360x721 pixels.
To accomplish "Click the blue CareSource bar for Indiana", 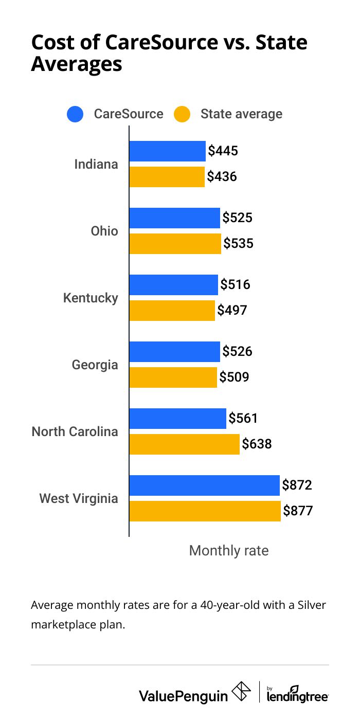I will coord(167,151).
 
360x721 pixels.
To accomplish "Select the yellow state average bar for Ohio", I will coord(175,244).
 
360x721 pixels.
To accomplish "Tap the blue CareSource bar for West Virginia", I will coord(204,485).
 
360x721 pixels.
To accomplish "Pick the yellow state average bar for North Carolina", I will coord(184,444).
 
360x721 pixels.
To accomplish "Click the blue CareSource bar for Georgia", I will coord(174,352).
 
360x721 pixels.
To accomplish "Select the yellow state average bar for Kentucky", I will coord(172,311).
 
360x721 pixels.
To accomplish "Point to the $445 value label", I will coord(223,151).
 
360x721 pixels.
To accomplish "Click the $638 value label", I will coord(257,444).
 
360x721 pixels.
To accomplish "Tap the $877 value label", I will coord(298,511).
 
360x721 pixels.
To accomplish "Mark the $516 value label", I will coord(235,284).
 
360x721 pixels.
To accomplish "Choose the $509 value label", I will coord(234,377).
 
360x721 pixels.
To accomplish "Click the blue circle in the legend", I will coord(75,114).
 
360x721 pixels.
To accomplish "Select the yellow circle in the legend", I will coord(182,114).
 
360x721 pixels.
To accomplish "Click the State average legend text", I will coord(241,114).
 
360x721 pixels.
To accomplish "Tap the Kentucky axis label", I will coord(91,298).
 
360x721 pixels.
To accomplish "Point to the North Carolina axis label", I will coord(75,431).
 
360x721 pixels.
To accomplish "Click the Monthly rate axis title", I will coord(229,551).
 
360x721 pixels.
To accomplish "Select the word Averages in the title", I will coord(77,64).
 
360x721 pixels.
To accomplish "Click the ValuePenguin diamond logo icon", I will coord(242,692).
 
